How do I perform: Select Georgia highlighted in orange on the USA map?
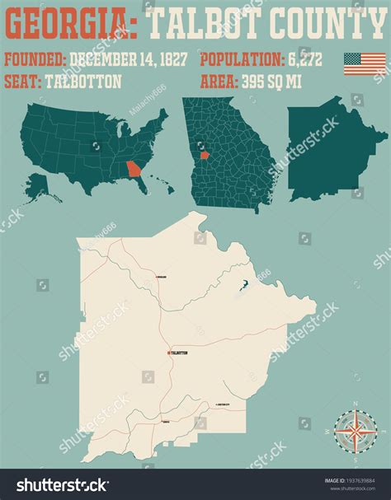click(133, 171)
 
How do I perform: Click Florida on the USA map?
click(142, 186)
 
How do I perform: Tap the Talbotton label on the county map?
click(180, 353)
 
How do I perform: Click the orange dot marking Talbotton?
click(169, 353)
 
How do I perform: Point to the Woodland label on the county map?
click(162, 277)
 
